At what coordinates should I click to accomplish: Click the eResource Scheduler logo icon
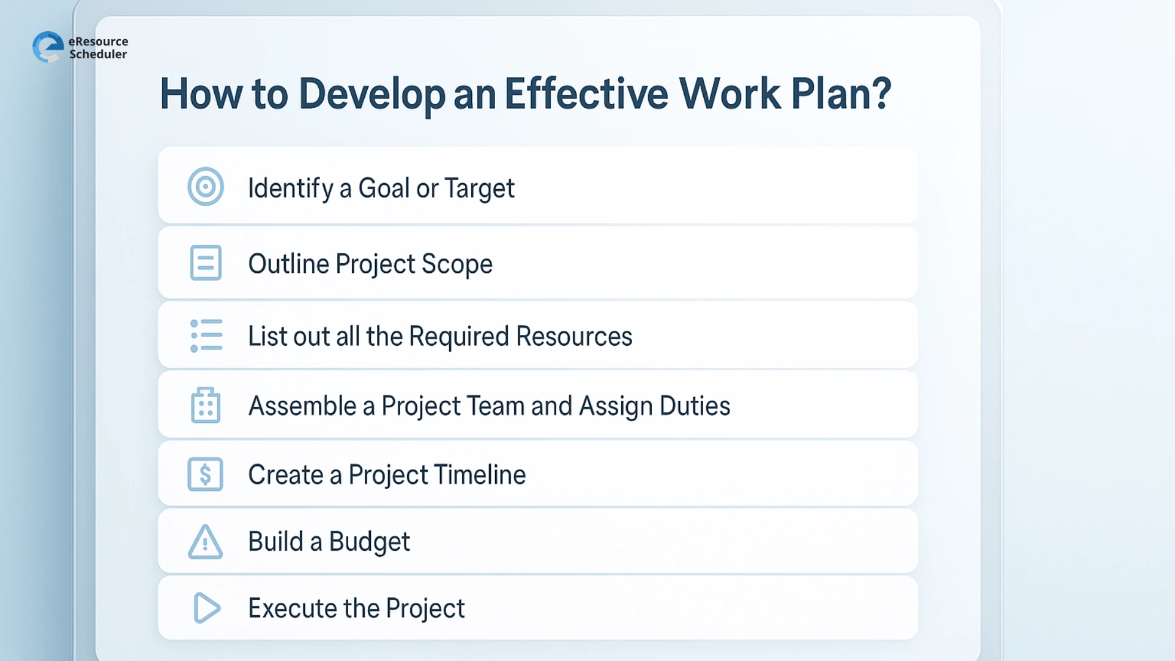(x=48, y=47)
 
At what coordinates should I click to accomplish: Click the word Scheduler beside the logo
(x=98, y=54)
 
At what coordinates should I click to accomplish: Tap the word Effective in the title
(x=586, y=94)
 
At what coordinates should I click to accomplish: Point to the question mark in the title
(x=882, y=94)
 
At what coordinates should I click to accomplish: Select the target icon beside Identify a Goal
(x=206, y=187)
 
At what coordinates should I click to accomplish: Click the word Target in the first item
(x=479, y=189)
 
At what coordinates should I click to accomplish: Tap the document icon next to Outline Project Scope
(x=206, y=263)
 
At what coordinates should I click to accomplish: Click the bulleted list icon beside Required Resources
(x=206, y=335)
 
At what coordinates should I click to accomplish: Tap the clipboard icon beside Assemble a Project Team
(x=206, y=405)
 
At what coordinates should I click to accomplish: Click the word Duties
(x=695, y=406)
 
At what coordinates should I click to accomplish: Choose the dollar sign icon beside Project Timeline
(x=206, y=474)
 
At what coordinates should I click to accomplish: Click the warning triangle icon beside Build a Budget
(x=206, y=542)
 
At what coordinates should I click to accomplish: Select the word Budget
(x=369, y=542)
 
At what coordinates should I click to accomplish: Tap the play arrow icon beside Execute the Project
(x=207, y=608)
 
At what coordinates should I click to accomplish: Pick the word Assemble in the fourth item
(x=302, y=406)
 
